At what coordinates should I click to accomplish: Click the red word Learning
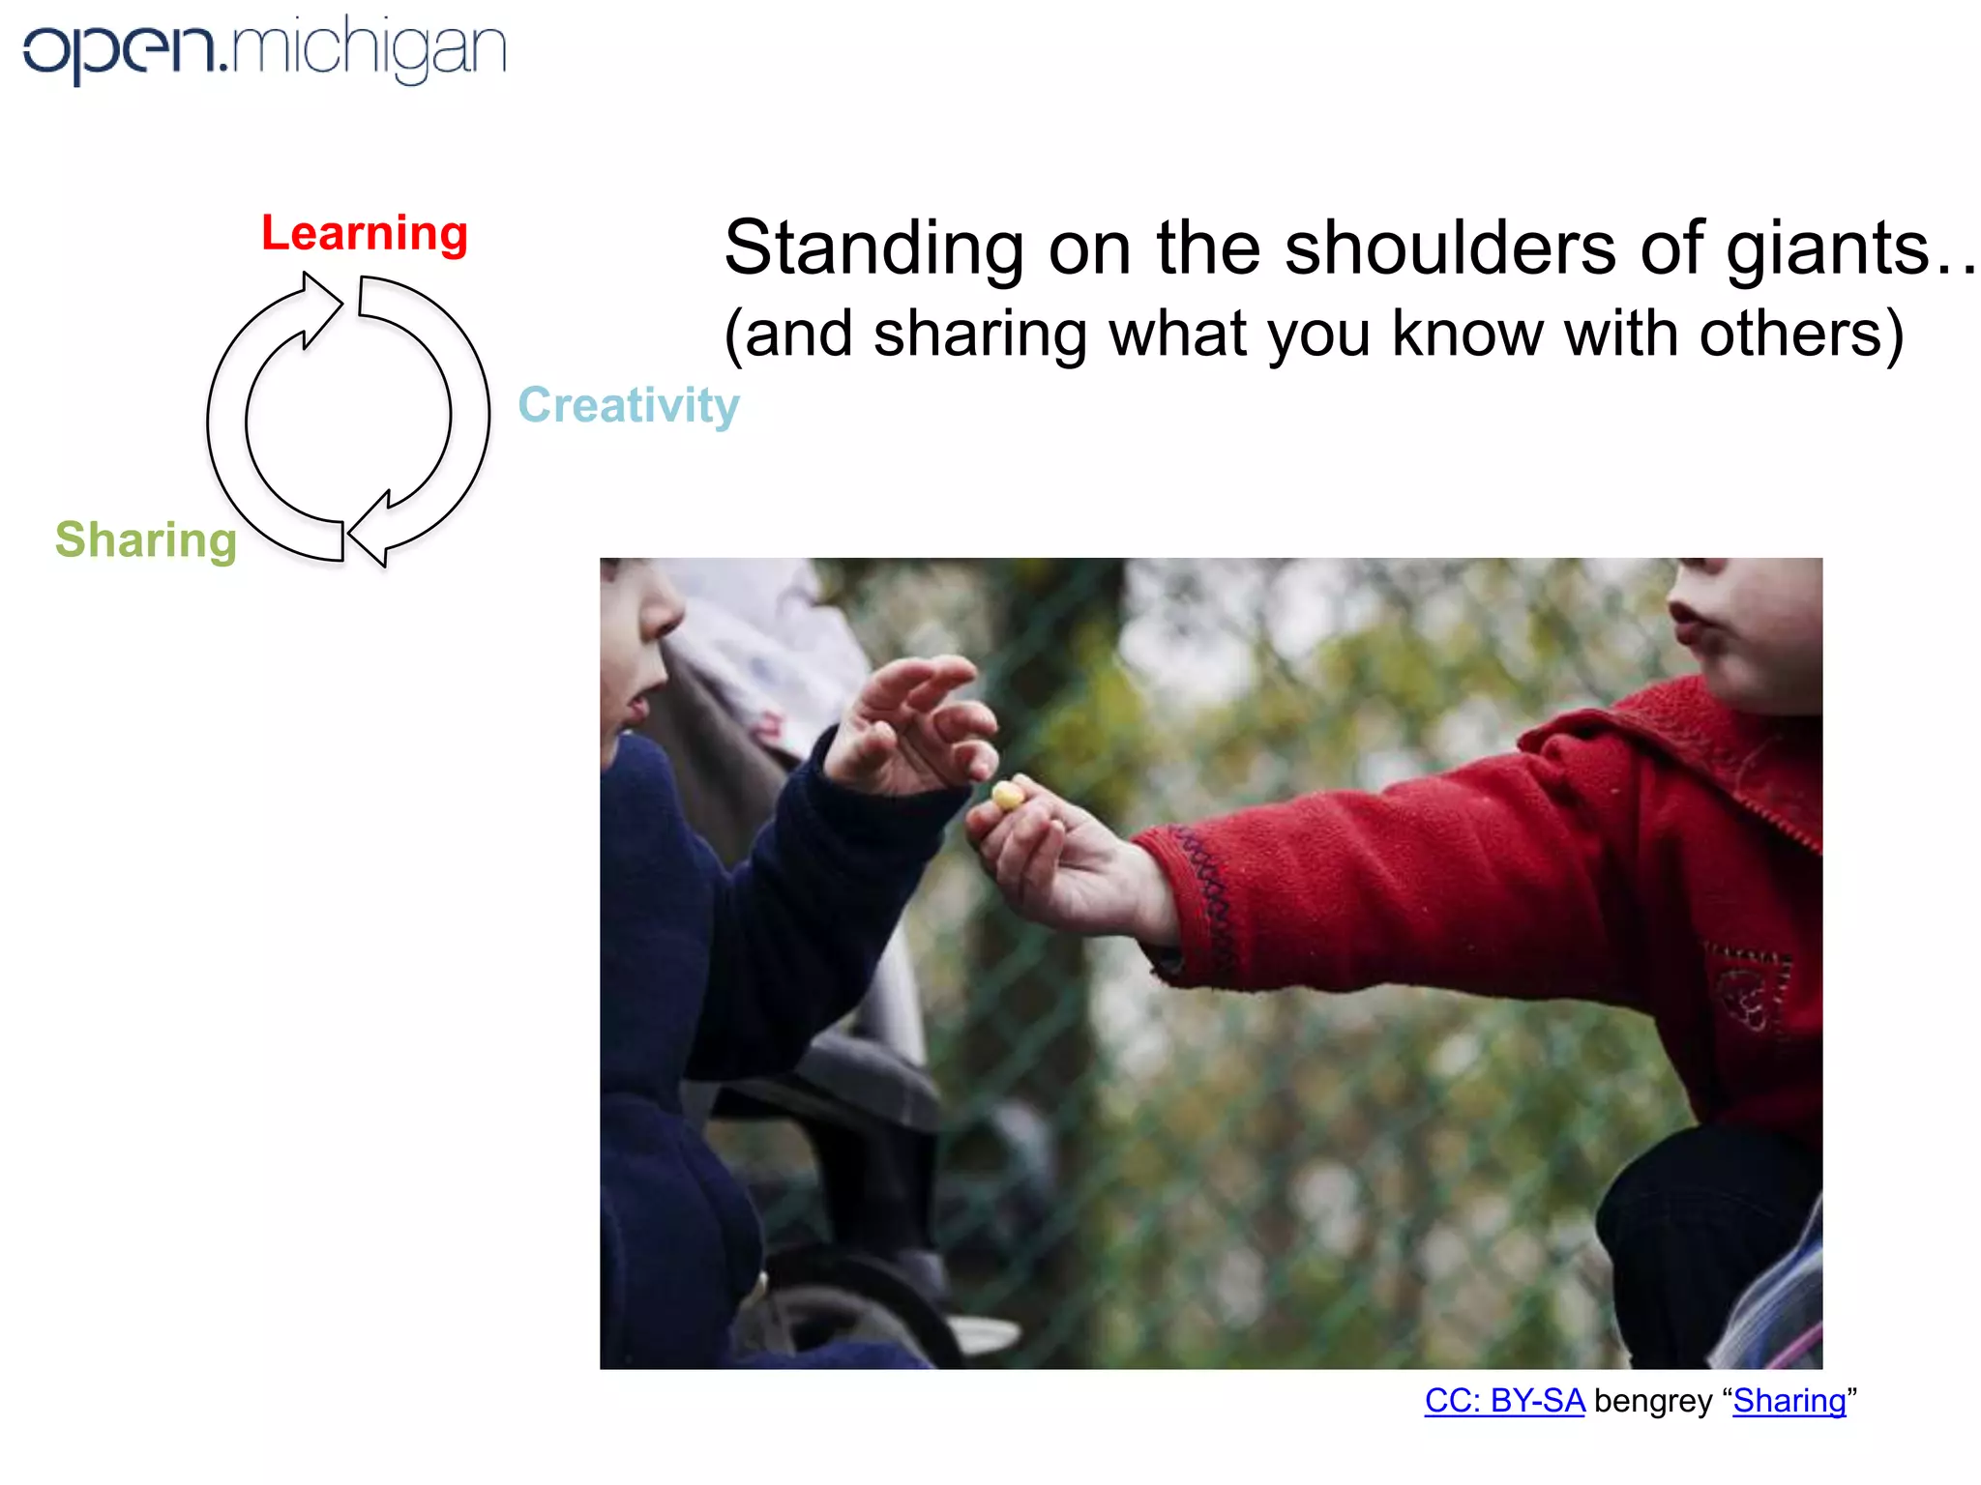click(x=365, y=234)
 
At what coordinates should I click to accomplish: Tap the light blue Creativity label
click(x=629, y=405)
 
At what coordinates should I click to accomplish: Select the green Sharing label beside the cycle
click(x=146, y=539)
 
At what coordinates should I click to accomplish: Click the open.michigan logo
click(x=264, y=49)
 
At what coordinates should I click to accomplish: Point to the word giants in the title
click(x=1828, y=249)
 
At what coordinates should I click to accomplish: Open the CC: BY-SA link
click(x=1504, y=1401)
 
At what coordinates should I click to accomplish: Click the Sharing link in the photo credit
click(x=1789, y=1401)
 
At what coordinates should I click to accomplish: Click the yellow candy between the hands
click(x=1007, y=796)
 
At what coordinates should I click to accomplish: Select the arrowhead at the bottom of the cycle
click(x=371, y=531)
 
